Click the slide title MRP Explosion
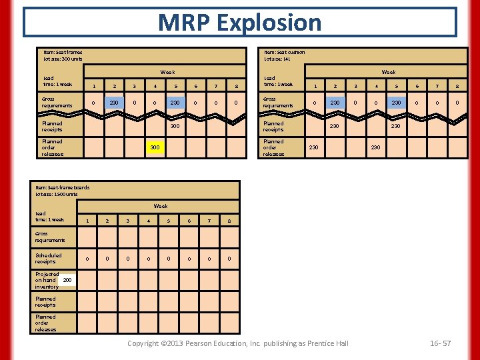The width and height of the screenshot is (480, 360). (239, 22)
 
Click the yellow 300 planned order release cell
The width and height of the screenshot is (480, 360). (155, 147)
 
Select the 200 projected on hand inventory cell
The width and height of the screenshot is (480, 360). (67, 280)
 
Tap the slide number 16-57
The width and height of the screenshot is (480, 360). (441, 343)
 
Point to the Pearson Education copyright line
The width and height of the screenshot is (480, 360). (238, 343)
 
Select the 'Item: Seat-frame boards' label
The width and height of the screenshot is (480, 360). (62, 187)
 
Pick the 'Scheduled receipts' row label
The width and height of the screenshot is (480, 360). (49, 258)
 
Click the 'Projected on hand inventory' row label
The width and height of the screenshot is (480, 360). (47, 280)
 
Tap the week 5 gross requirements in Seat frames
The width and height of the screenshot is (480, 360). (175, 102)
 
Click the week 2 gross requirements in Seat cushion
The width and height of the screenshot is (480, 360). (335, 102)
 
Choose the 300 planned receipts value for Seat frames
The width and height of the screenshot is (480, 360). (175, 126)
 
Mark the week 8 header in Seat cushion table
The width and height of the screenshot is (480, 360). (457, 85)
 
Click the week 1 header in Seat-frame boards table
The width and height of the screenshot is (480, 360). (87, 221)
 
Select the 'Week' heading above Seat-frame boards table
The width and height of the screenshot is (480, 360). (161, 206)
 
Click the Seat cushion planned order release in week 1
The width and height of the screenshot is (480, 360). (314, 147)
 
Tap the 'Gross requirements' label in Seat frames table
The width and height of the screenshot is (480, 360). (53, 102)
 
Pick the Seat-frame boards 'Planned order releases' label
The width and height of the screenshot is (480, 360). (46, 323)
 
